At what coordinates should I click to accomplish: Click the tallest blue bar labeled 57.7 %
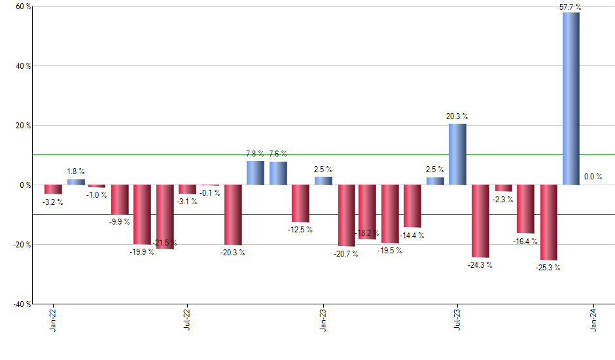coord(571,98)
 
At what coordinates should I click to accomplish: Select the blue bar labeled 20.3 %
coord(457,154)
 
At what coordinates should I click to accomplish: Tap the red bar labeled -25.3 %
coord(548,222)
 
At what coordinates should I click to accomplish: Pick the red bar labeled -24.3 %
coord(480,221)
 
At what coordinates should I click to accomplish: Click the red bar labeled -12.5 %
coord(300,203)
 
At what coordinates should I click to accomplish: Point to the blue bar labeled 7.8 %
coord(255,173)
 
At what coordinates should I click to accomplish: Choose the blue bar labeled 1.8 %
coord(76,182)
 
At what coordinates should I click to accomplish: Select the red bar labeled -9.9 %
coord(120,199)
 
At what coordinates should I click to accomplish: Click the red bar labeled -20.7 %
coord(346,215)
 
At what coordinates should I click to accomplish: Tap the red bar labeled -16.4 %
coord(525,209)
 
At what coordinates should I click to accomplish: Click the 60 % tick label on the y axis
coord(23,7)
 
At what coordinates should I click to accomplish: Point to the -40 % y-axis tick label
coord(22,304)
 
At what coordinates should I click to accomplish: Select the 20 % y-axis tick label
coord(23,126)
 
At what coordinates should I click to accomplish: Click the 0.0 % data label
coord(593,177)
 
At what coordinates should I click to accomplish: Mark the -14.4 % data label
coord(412,236)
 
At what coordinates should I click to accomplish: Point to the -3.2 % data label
coord(52,202)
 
